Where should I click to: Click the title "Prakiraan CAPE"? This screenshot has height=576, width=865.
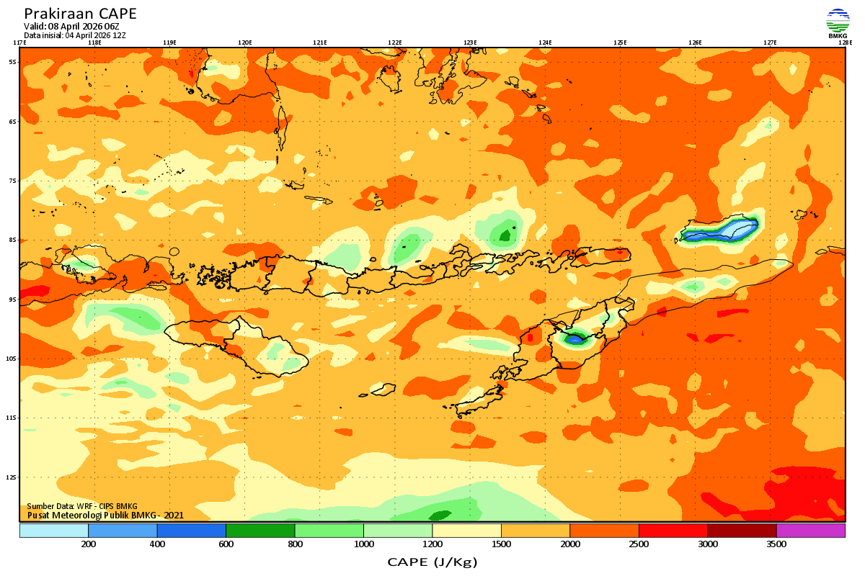point(80,14)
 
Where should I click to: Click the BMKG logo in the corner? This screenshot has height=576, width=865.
point(838,23)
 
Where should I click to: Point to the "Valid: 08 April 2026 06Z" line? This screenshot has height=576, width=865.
point(71,27)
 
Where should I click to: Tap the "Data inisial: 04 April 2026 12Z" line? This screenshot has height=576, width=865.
point(75,35)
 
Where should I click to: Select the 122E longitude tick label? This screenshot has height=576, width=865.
point(395,42)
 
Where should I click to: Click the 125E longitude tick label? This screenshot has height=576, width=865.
point(620,42)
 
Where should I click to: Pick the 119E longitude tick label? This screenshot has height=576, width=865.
point(169,42)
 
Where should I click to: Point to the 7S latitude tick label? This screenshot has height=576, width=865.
point(12,181)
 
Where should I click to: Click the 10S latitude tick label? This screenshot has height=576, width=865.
point(12,359)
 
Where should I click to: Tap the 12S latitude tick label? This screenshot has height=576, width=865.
point(12,477)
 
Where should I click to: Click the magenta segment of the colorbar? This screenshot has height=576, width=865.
point(810,531)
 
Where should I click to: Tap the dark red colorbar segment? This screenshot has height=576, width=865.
point(742,531)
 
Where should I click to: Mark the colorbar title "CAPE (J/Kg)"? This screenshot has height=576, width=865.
point(432,562)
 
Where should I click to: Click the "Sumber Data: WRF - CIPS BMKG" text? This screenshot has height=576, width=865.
point(82,506)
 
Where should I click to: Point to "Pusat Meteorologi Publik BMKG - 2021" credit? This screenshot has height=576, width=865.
point(105,515)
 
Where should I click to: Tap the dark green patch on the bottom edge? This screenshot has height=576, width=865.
point(439,515)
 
